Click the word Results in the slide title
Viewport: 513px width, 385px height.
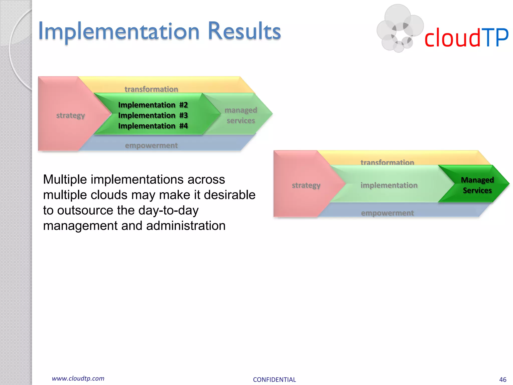point(244,31)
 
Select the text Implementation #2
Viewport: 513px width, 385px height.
point(153,105)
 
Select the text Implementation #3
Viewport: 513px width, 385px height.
point(153,115)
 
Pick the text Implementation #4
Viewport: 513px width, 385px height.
point(153,126)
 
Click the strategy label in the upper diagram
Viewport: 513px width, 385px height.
point(70,115)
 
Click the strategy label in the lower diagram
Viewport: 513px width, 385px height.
point(306,185)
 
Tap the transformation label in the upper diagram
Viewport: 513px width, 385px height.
point(151,89)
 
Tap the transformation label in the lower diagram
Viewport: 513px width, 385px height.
point(387,162)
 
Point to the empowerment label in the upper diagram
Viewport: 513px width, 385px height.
point(151,145)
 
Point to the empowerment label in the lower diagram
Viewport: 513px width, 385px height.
point(387,213)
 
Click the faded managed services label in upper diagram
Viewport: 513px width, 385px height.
point(241,115)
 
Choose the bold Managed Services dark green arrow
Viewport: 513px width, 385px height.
point(477,185)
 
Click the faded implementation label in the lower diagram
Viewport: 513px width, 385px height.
point(389,185)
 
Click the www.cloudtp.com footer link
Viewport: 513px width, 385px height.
point(78,378)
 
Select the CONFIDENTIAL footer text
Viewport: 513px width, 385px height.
point(274,379)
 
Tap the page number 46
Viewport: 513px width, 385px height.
point(502,379)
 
